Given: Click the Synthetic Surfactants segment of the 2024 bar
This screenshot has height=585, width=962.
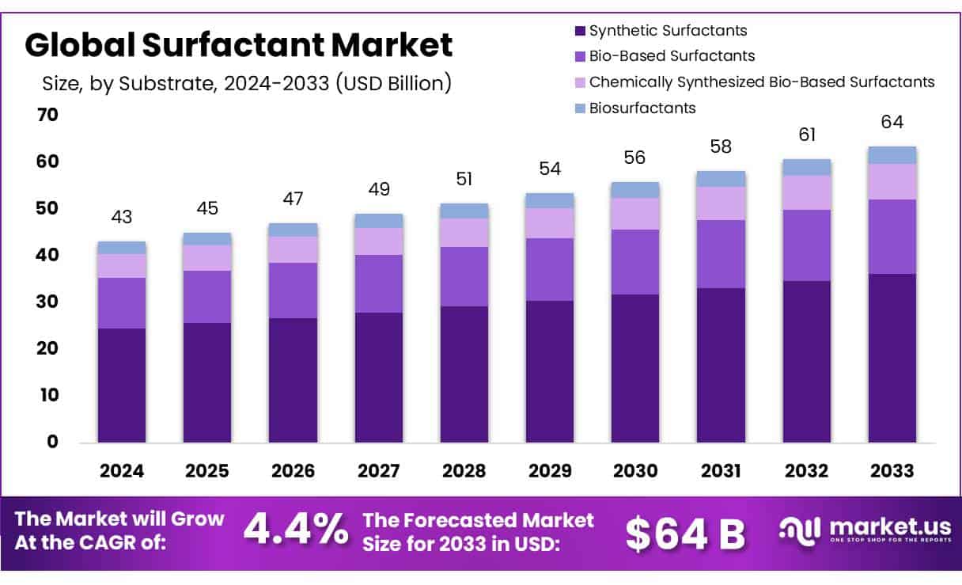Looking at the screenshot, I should [x=122, y=385].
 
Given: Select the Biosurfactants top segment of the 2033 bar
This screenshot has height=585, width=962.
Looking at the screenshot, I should [x=892, y=155].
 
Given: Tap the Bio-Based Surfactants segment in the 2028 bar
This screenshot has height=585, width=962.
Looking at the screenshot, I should [x=464, y=276].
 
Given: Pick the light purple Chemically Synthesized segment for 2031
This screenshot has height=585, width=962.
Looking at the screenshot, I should [x=721, y=203].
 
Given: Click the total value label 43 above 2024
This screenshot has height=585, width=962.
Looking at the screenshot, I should [x=122, y=217].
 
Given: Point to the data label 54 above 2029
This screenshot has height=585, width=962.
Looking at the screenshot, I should [x=550, y=169].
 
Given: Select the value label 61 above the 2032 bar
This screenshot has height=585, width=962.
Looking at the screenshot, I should [x=806, y=135].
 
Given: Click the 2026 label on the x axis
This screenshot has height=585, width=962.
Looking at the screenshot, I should [x=293, y=471].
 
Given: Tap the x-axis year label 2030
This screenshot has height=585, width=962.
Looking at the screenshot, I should [x=635, y=471].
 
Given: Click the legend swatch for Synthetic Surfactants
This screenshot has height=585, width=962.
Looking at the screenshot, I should [x=579, y=31].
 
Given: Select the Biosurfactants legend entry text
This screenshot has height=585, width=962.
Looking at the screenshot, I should [x=642, y=108].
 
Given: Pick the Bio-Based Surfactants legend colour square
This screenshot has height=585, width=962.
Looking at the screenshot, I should [x=579, y=56].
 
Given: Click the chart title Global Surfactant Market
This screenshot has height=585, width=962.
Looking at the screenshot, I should [x=238, y=45].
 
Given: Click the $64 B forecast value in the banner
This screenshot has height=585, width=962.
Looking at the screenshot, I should [x=685, y=534].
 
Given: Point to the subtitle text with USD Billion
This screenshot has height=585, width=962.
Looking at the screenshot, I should [x=246, y=83].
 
